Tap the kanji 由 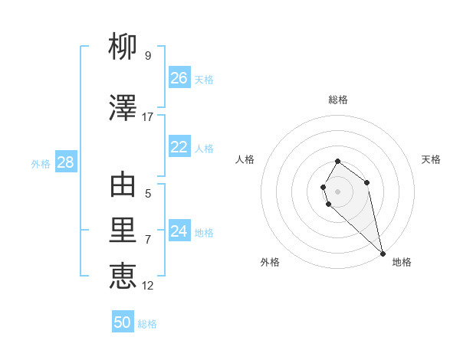click(x=123, y=185)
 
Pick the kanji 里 click(x=123, y=231)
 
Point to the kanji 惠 click(x=123, y=275)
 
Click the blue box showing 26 click(x=179, y=78)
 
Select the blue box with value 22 click(x=179, y=147)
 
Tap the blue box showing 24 click(x=179, y=231)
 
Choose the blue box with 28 click(x=64, y=162)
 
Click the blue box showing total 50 click(x=123, y=322)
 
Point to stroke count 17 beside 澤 click(x=148, y=117)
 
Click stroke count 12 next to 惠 click(x=148, y=286)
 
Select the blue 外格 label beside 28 click(x=41, y=163)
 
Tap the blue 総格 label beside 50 click(x=147, y=324)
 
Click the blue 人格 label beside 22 click(x=204, y=149)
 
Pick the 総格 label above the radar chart click(x=338, y=100)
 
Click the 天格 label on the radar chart click(x=431, y=159)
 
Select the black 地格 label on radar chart click(x=402, y=262)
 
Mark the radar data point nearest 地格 click(x=383, y=253)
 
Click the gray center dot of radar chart click(x=338, y=191)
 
